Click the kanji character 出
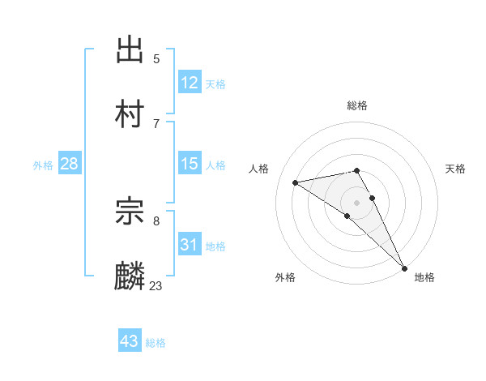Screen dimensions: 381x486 (130, 51)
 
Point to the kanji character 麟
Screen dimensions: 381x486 (130, 276)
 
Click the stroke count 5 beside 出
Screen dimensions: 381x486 (156, 58)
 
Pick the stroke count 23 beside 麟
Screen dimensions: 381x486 (156, 285)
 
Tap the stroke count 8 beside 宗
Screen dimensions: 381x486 (156, 220)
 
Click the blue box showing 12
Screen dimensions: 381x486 (190, 83)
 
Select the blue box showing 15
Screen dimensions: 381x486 (190, 165)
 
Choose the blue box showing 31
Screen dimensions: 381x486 (190, 245)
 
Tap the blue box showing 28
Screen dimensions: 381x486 (70, 165)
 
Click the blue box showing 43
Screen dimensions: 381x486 (130, 341)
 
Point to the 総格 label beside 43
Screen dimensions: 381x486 (156, 343)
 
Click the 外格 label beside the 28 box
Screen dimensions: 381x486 (43, 165)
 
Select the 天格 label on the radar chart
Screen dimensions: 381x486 (455, 169)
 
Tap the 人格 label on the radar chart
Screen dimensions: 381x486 (259, 169)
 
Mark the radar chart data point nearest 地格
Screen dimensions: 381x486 (404, 268)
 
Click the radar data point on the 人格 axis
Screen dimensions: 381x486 (296, 182)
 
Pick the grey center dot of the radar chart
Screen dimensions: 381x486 (357, 202)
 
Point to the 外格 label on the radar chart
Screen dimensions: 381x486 (285, 277)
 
